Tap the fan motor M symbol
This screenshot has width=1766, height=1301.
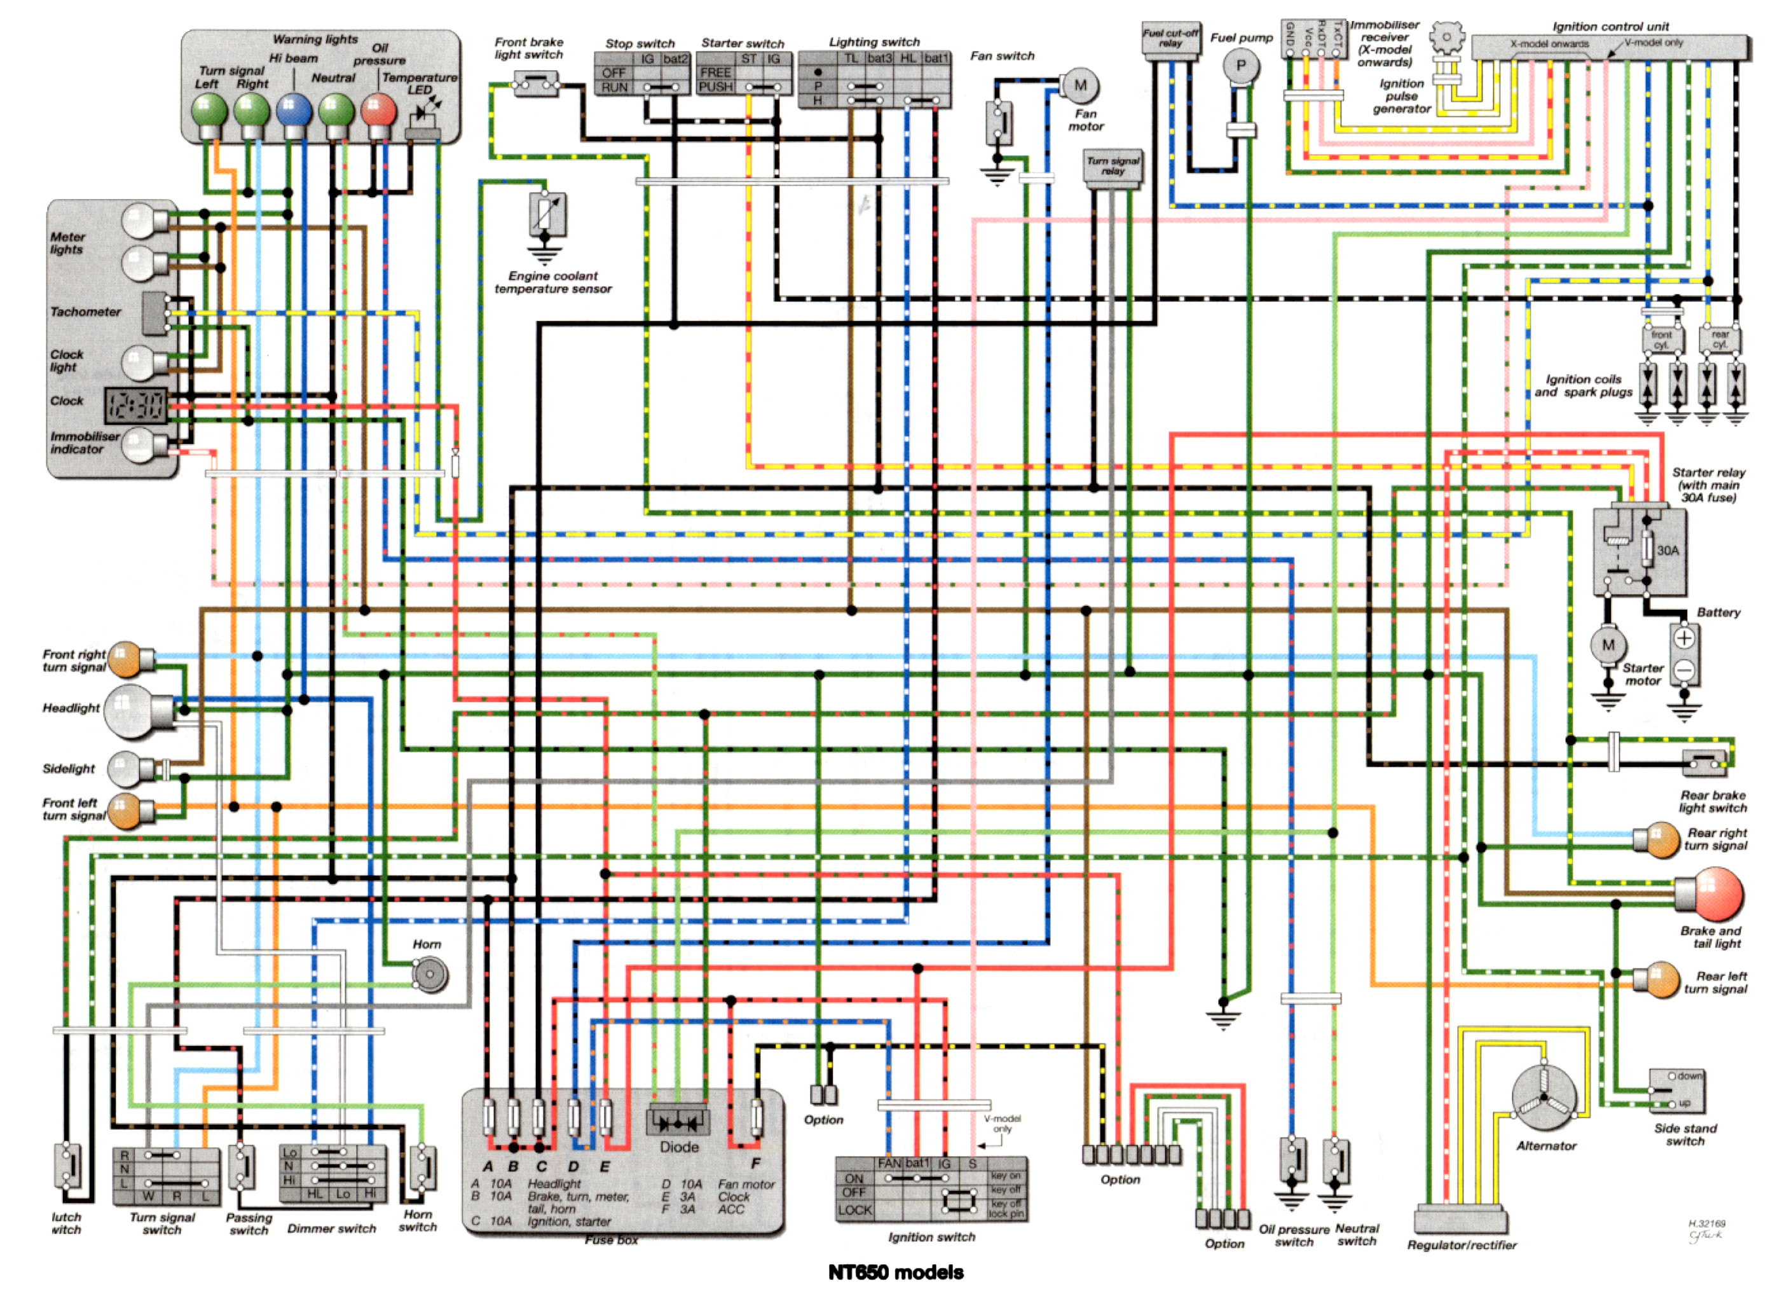click(x=1079, y=86)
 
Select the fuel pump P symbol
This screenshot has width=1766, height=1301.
click(x=1241, y=66)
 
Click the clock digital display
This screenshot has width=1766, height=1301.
click(x=137, y=406)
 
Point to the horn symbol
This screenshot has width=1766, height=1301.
click(x=430, y=975)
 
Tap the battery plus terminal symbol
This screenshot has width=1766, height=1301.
click(x=1683, y=638)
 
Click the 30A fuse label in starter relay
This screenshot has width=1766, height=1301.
click(x=1667, y=551)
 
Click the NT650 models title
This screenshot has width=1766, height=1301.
click(x=895, y=1272)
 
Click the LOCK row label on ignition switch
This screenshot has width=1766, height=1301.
click(x=854, y=1211)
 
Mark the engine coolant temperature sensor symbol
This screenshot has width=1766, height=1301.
click(x=547, y=214)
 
